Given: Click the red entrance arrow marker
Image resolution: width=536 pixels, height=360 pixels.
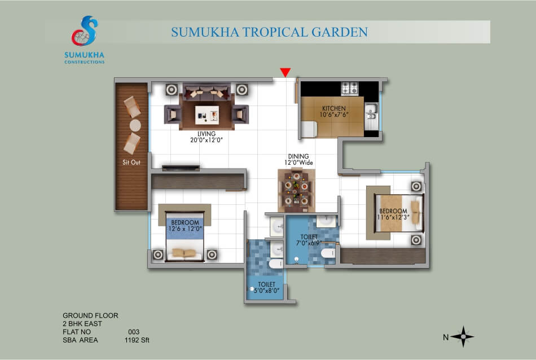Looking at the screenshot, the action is pos(285,72).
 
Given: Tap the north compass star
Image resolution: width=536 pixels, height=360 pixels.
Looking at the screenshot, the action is pos(463,336).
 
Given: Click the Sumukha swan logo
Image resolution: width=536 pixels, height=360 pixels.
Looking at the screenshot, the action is pos(85,31).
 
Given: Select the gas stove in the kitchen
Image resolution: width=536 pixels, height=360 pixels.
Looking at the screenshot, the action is pos(350,88).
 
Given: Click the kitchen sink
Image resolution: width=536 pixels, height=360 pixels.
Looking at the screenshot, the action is pos(371,112).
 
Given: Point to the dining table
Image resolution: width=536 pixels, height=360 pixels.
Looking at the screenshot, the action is pos(296,190).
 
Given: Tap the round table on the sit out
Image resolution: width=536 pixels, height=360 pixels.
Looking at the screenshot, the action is pos(135,125).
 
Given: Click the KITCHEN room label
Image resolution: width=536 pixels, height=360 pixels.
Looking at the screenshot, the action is pos(334,108).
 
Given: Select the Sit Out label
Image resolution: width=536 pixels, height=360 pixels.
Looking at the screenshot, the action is pos(131,163).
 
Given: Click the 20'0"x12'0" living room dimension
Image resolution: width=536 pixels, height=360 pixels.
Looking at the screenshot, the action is pos(207,140).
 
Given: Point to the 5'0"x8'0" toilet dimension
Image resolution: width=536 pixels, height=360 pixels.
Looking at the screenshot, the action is pos(267,291).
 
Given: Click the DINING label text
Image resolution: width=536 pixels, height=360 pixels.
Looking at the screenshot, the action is pos(298,156).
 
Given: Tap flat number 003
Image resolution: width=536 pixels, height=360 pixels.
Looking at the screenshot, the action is pos(134,332).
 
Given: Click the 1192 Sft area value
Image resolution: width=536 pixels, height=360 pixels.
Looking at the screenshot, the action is pos(137,340).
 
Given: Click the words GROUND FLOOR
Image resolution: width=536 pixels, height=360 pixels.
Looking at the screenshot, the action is pos(90,315).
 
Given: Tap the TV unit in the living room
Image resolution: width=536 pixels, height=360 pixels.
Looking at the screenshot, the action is pos(181,168).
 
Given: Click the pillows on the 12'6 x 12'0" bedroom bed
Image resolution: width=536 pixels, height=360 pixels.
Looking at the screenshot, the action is pos(184,253).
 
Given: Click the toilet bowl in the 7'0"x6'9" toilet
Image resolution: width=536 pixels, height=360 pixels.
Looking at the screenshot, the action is pos(328,253).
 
